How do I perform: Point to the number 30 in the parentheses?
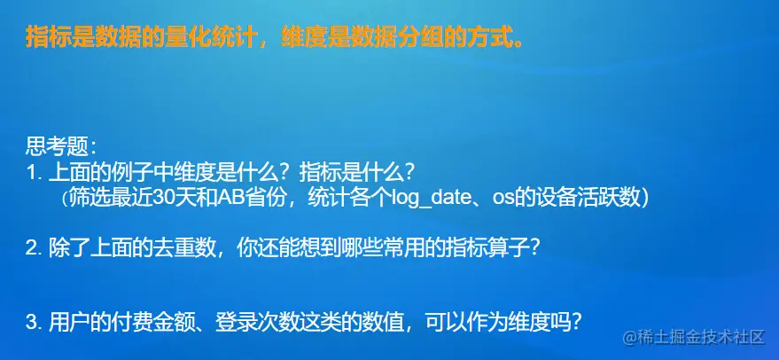[x=163, y=198]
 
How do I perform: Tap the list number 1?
[x=31, y=173]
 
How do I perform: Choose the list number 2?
[x=32, y=248]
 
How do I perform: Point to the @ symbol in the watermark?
[x=630, y=339]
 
